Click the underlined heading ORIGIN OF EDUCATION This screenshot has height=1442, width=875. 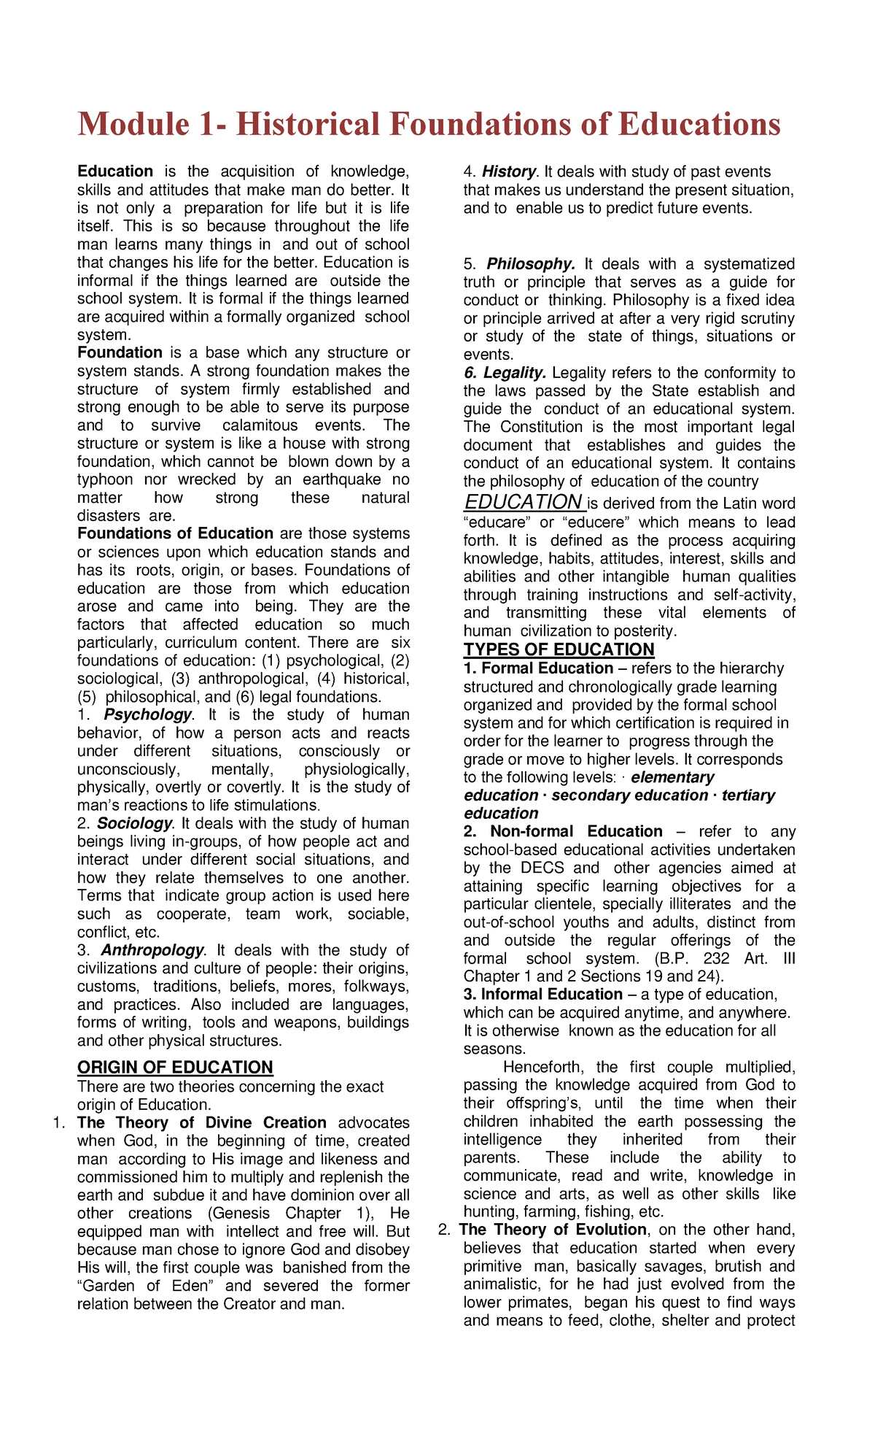tap(175, 1067)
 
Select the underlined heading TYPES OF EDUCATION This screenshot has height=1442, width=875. tap(559, 649)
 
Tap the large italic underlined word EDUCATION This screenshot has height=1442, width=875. tap(523, 502)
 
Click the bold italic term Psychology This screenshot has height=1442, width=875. tap(148, 714)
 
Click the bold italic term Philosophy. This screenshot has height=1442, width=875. tap(531, 263)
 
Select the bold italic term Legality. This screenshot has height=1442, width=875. tap(515, 373)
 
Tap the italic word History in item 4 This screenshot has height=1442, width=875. tap(509, 171)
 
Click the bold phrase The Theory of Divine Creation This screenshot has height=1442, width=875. tap(202, 1122)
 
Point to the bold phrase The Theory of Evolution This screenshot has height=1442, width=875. tap(553, 1230)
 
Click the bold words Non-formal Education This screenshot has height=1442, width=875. tap(576, 831)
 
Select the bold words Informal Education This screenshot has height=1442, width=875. tap(551, 994)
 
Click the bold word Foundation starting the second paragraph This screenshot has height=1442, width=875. tap(120, 352)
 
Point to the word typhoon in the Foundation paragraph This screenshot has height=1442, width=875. tap(105, 479)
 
